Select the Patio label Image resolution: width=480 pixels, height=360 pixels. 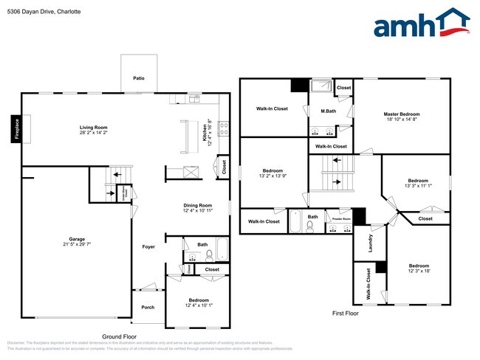pyautogui.click(x=138, y=77)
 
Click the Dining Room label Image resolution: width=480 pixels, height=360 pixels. pyautogui.click(x=198, y=205)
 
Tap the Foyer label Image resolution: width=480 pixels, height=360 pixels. pyautogui.click(x=148, y=246)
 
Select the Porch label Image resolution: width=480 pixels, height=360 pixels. pyautogui.click(x=148, y=307)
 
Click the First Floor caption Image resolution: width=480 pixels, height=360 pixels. pyautogui.click(x=346, y=314)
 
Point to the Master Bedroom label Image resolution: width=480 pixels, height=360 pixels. pyautogui.click(x=402, y=114)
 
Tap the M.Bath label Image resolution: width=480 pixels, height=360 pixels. pyautogui.click(x=329, y=111)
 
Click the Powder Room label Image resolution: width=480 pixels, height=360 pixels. pyautogui.click(x=340, y=219)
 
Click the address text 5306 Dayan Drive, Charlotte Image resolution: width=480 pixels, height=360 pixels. pyautogui.click(x=44, y=13)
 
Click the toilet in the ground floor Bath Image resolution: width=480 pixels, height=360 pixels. pyautogui.click(x=209, y=255)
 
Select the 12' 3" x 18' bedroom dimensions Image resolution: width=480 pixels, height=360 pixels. pyautogui.click(x=419, y=271)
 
